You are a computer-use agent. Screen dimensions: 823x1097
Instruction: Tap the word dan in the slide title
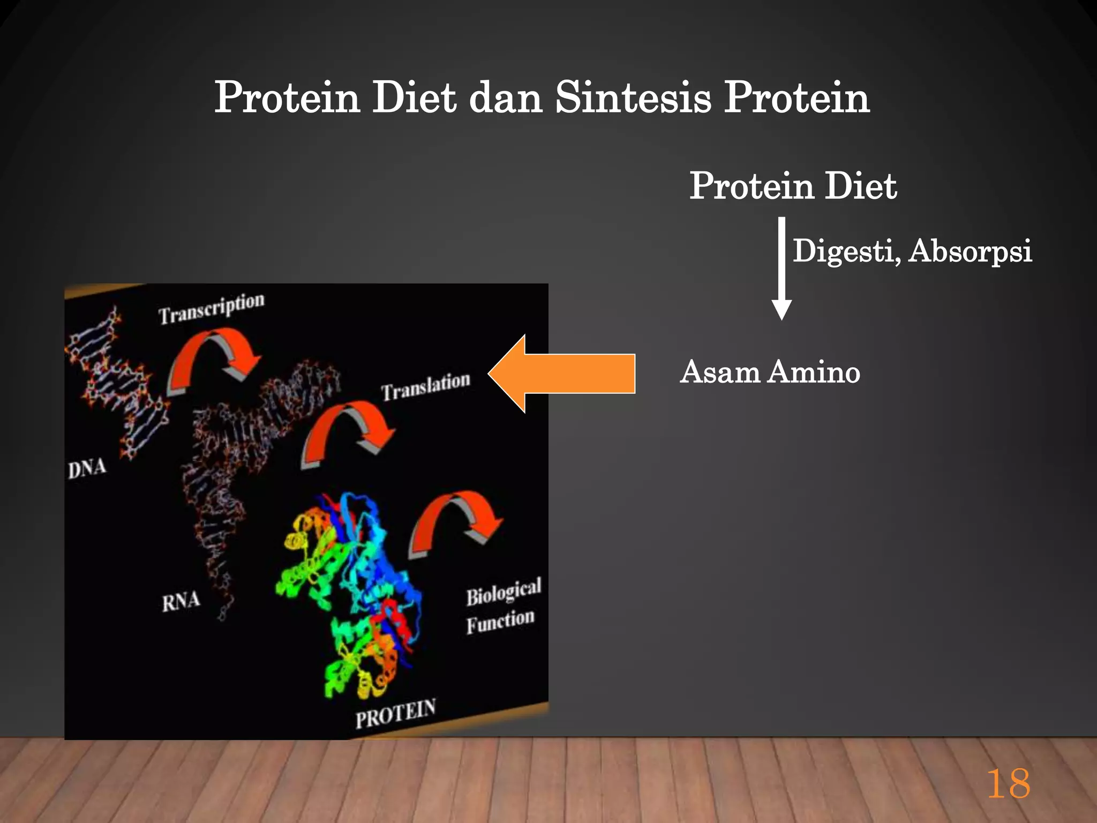click(506, 99)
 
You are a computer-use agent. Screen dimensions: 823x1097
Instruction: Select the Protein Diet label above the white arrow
click(793, 186)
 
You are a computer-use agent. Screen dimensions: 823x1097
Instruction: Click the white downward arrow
click(782, 268)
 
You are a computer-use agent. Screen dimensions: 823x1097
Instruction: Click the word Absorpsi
click(970, 251)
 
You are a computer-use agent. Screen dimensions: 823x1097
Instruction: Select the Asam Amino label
click(770, 372)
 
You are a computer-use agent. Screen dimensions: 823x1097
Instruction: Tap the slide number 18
click(1008, 784)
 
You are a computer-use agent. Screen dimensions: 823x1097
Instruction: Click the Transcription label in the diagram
click(212, 309)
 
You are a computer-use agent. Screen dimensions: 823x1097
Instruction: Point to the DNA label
click(87, 469)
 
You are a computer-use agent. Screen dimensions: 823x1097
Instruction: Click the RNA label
click(181, 601)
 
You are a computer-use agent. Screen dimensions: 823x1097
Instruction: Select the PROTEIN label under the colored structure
click(395, 714)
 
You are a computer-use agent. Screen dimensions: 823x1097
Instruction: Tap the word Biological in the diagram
click(504, 592)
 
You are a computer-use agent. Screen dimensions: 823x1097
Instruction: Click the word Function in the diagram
click(500, 622)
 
